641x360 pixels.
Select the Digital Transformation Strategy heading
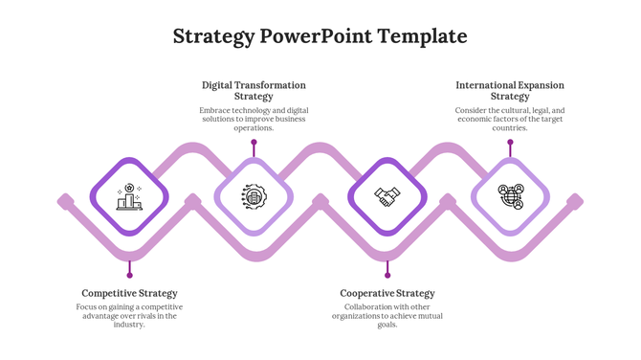tap(254, 91)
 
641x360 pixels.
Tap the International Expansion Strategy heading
tap(509, 91)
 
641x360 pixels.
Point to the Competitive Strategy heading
tap(129, 293)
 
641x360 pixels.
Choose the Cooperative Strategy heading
tap(387, 293)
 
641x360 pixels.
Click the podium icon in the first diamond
tap(129, 197)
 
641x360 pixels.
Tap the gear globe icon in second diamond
tap(254, 197)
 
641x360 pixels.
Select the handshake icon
tap(387, 197)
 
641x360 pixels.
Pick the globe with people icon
tap(510, 197)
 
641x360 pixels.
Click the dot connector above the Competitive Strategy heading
tap(129, 276)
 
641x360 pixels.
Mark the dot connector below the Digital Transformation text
tap(254, 142)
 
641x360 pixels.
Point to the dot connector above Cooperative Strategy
tap(387, 276)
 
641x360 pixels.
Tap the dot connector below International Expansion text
tap(510, 142)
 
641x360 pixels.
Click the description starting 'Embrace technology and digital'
tap(254, 119)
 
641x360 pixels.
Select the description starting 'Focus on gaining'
tap(129, 315)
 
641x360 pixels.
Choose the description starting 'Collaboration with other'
tap(387, 315)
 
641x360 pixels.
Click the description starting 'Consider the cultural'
tap(509, 119)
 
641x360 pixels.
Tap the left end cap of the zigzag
tap(65, 201)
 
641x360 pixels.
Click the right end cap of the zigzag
tap(575, 201)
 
